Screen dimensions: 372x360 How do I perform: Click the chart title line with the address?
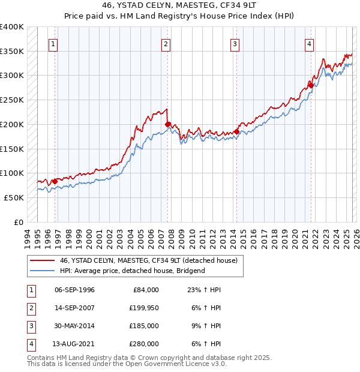tap(179, 5)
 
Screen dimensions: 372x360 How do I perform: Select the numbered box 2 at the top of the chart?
tap(166, 44)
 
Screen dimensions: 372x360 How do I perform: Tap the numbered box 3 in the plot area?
tap(235, 44)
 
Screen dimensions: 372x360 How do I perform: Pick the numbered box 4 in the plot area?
tap(309, 44)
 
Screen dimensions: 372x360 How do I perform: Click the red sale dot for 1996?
tap(55, 181)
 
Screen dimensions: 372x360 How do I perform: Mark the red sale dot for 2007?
tap(168, 124)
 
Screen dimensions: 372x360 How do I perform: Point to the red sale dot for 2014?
tap(237, 131)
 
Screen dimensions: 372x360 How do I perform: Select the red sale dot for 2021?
tap(311, 85)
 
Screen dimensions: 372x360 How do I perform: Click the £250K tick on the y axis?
tap(12, 100)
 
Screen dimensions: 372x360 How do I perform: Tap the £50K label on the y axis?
tap(14, 197)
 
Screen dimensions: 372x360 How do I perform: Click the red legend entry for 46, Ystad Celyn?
tap(148, 260)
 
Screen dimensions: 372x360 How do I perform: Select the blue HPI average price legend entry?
tap(132, 271)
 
